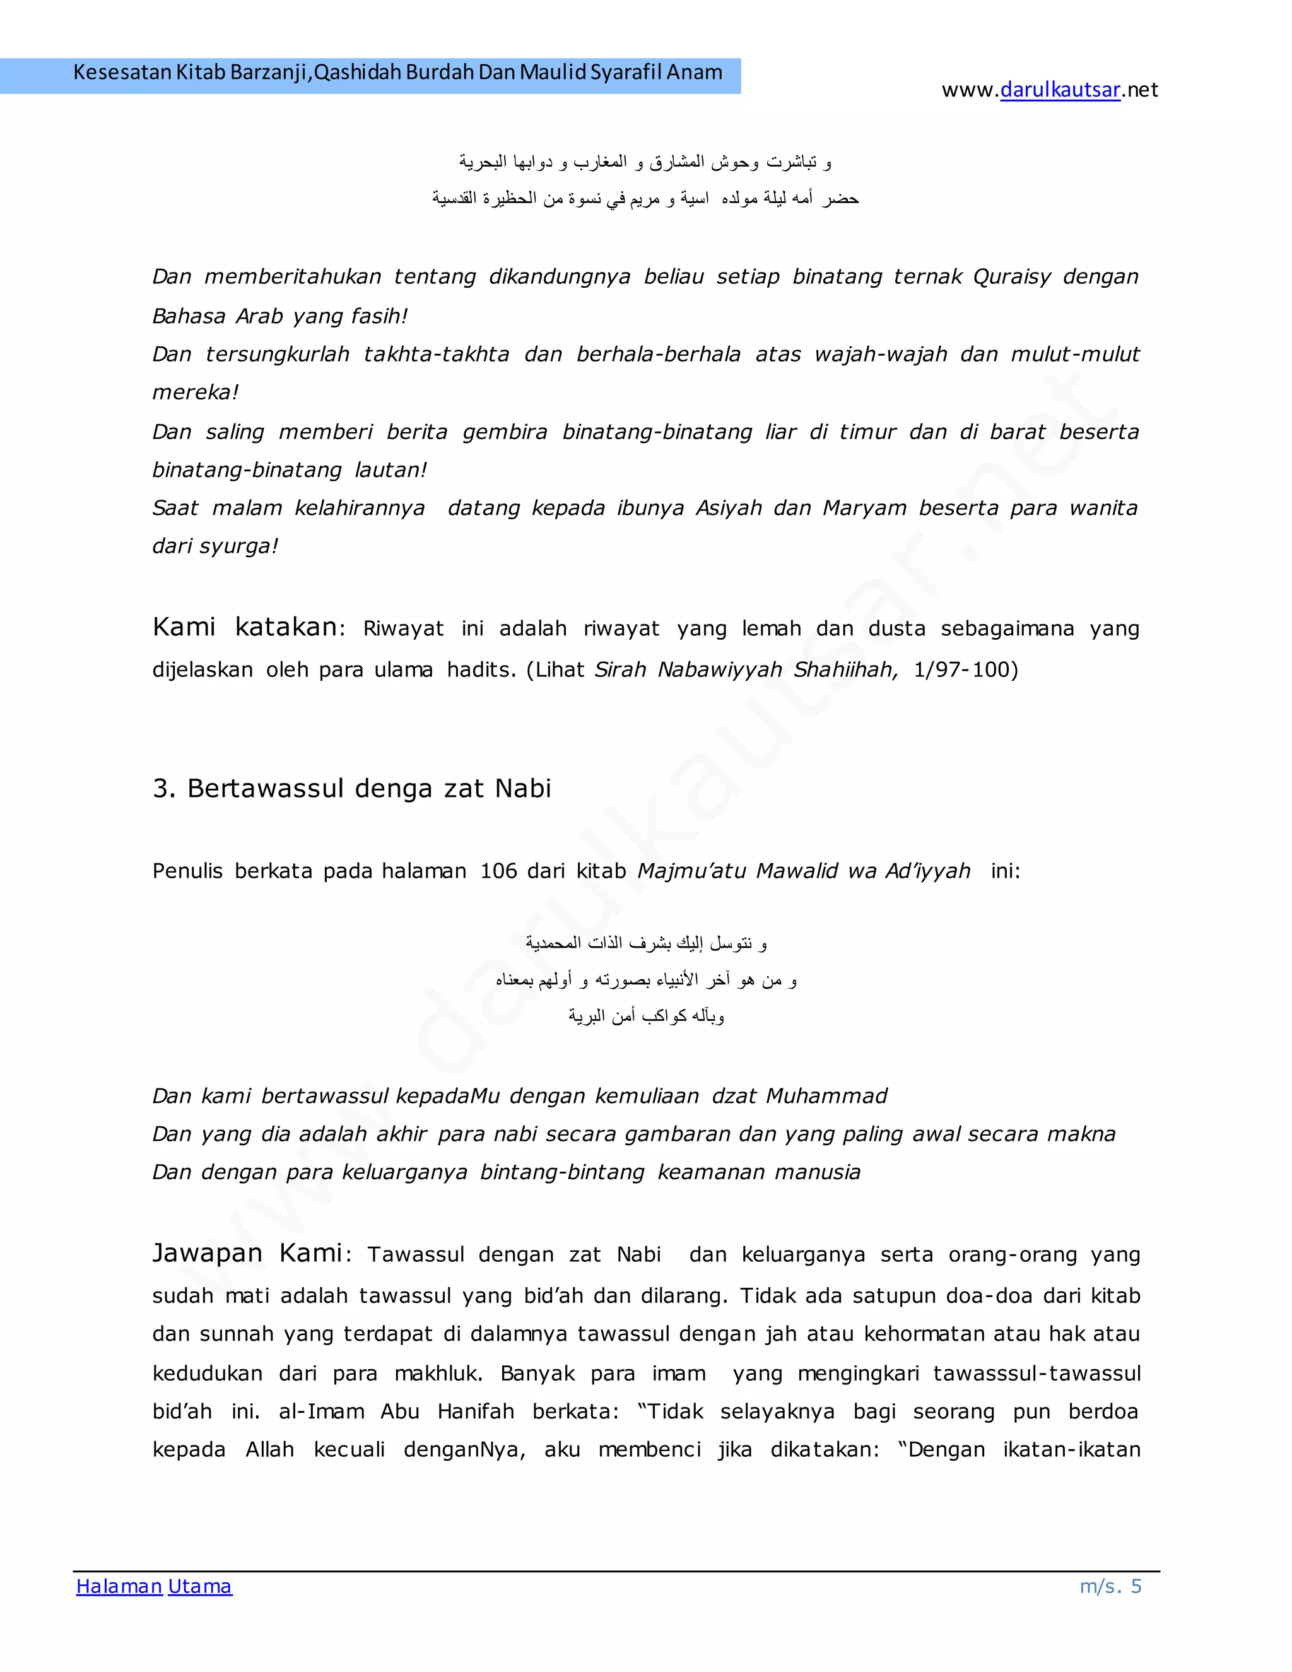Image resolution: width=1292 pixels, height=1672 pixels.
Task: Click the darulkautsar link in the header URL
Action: coord(1060,90)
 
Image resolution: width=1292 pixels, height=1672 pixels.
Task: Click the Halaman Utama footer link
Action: coord(154,1586)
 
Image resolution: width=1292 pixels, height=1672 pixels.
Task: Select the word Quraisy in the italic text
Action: coord(1011,276)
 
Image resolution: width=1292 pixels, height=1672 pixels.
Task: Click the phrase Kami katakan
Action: coord(244,627)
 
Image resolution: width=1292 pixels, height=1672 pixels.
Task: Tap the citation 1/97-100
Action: coord(965,670)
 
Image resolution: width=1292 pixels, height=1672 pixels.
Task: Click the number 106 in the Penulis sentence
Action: coord(498,871)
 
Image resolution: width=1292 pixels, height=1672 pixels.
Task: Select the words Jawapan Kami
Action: coord(247,1253)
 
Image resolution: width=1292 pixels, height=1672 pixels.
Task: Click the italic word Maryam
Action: coord(864,509)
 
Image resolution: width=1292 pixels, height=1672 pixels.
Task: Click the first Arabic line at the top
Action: coord(645,162)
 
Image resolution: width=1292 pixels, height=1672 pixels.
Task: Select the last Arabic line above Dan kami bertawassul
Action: coord(646,1016)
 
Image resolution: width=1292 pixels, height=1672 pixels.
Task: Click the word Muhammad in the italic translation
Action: coord(826,1097)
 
